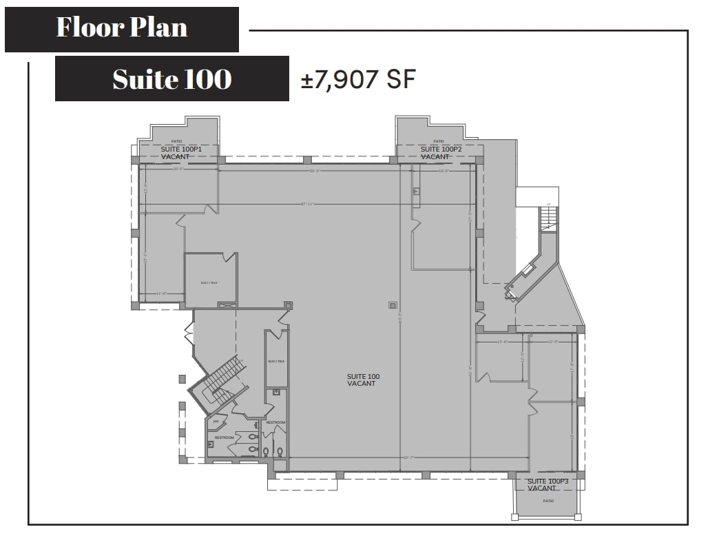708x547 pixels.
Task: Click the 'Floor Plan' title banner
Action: [x=122, y=28]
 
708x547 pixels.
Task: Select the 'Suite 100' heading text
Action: [x=171, y=79]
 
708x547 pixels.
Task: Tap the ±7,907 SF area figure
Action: [x=358, y=79]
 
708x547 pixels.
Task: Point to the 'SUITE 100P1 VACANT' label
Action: [x=180, y=153]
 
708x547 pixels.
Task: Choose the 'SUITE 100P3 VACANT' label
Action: [x=548, y=484]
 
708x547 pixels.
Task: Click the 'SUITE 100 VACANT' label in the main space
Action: [x=363, y=380]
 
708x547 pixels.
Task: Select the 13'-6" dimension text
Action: [x=502, y=341]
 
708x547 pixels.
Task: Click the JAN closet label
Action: [x=216, y=421]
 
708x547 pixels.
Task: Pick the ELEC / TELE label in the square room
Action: [x=209, y=282]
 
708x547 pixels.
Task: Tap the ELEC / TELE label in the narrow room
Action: [x=275, y=361]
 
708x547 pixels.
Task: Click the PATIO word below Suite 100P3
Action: [x=548, y=501]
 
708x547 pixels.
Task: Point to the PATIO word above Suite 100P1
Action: [x=177, y=141]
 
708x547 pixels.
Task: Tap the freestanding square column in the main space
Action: [x=393, y=305]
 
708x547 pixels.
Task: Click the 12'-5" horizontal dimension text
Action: [x=552, y=341]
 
